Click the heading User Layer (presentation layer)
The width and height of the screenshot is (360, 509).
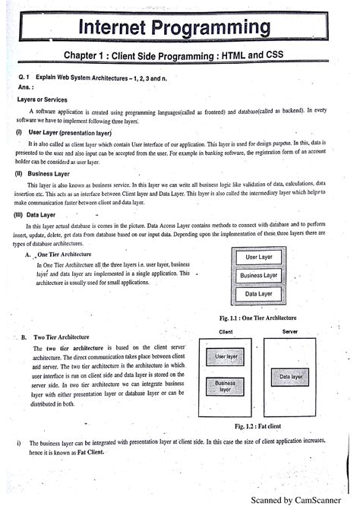(x=65, y=131)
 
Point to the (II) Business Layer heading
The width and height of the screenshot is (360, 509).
(x=46, y=173)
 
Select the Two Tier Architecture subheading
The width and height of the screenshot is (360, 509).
(x=68, y=337)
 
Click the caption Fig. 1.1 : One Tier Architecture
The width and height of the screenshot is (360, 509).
(x=256, y=318)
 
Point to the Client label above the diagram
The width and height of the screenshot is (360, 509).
(x=226, y=332)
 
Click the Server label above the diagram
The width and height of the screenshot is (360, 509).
(x=289, y=332)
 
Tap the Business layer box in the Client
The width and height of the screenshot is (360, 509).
(x=225, y=386)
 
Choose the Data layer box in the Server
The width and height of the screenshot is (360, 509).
(x=289, y=376)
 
